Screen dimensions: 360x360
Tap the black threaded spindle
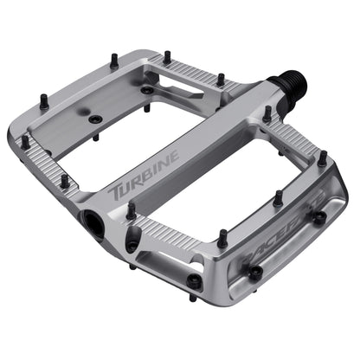(x=285, y=87)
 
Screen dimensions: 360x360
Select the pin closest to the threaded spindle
(x=267, y=112)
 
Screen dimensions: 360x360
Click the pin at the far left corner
(x=25, y=139)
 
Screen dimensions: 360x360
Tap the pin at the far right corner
(x=322, y=158)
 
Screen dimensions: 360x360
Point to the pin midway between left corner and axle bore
(x=64, y=181)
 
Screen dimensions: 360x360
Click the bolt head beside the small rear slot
(x=148, y=89)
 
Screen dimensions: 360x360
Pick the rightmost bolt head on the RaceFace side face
(x=319, y=217)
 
